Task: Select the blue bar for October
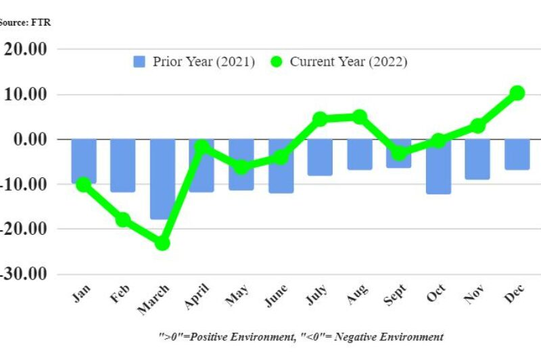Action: [x=438, y=166]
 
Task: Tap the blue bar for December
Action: [x=517, y=154]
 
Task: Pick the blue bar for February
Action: [x=123, y=165]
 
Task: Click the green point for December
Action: [x=517, y=93]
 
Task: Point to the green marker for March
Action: [x=162, y=243]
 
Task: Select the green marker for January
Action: [x=83, y=184]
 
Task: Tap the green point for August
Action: [x=360, y=117]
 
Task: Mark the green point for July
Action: [x=320, y=119]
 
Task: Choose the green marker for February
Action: [x=123, y=219]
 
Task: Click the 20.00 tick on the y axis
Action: [x=26, y=49]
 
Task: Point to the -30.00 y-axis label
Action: [x=24, y=274]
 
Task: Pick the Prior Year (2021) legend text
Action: [x=204, y=62]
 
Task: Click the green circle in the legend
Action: [x=276, y=62]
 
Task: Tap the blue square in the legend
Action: [x=139, y=62]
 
